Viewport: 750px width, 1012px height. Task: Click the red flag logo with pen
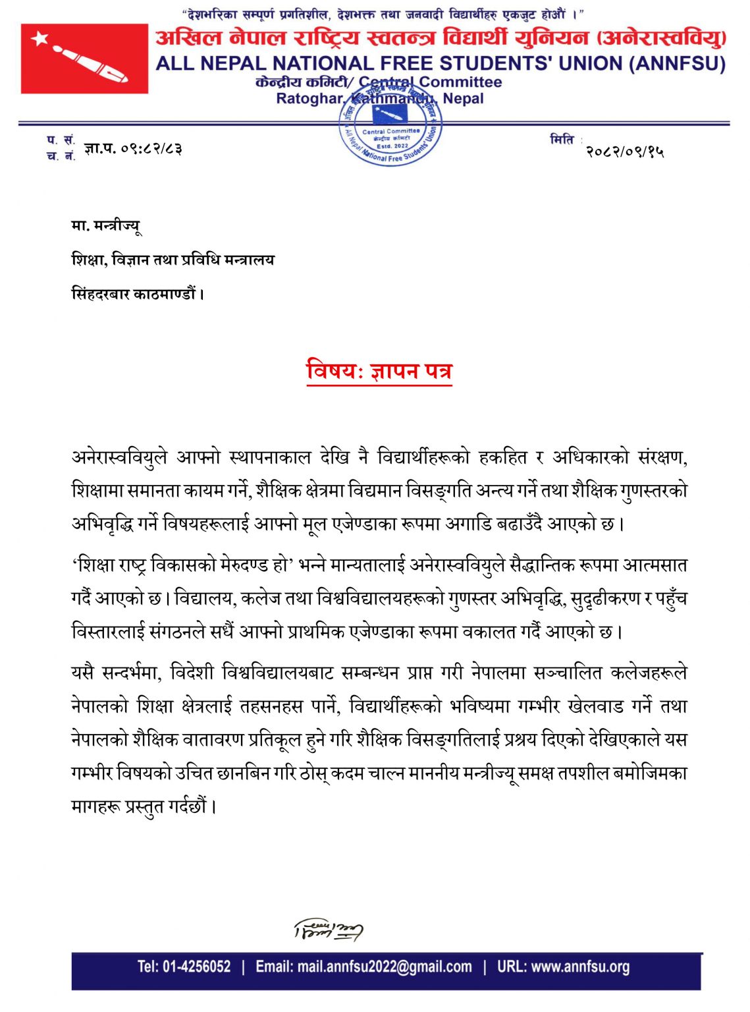tap(84, 59)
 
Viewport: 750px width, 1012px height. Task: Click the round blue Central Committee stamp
tap(391, 128)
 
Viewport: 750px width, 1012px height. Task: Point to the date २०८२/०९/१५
tap(625, 152)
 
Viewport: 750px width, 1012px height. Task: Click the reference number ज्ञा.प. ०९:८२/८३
tap(133, 149)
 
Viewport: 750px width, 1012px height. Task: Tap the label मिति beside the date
tap(562, 140)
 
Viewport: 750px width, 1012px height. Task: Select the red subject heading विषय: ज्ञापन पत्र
tap(379, 371)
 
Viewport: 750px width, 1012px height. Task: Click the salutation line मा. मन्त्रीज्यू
tap(106, 227)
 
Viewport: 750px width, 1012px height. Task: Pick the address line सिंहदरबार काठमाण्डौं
tap(138, 294)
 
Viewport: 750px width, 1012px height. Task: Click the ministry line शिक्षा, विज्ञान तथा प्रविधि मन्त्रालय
tap(173, 260)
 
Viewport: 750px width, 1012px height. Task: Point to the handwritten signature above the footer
tap(328, 930)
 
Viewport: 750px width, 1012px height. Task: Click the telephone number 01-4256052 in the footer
tap(184, 967)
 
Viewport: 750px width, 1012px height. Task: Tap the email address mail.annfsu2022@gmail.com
tap(363, 967)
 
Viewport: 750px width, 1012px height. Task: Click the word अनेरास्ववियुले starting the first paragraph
tap(120, 457)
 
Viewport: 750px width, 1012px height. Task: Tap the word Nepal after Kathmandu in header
tap(463, 99)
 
